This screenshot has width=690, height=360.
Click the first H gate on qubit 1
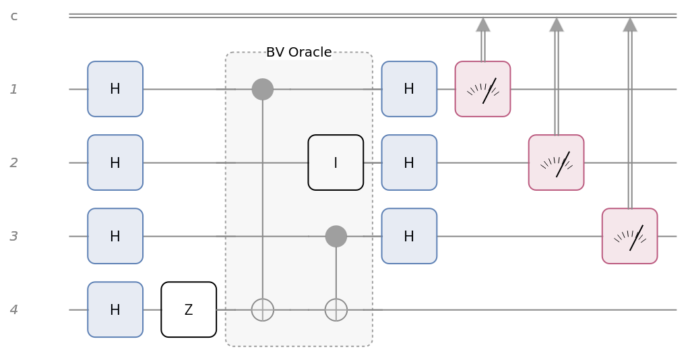115,89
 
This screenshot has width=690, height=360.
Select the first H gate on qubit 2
115,162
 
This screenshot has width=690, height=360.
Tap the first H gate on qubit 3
115,236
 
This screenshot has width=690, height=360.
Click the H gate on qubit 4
115,309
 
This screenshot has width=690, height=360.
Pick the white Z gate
189,309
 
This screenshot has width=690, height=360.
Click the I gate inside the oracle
336,162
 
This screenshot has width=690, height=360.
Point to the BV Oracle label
299,53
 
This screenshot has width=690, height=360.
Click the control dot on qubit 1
262,89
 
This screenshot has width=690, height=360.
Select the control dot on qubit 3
336,236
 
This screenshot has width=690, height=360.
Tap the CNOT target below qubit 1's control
262,309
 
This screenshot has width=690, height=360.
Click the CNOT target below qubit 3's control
336,309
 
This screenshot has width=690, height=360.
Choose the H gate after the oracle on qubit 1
409,89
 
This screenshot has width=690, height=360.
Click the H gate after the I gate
409,162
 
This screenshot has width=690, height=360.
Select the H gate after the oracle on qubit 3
409,236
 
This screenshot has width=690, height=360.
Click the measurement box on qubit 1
482,89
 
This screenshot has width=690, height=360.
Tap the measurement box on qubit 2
556,162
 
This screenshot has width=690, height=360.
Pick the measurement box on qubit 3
629,236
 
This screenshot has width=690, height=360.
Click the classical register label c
14,16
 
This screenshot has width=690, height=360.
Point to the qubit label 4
14,310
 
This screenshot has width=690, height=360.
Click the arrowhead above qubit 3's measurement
629,25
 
